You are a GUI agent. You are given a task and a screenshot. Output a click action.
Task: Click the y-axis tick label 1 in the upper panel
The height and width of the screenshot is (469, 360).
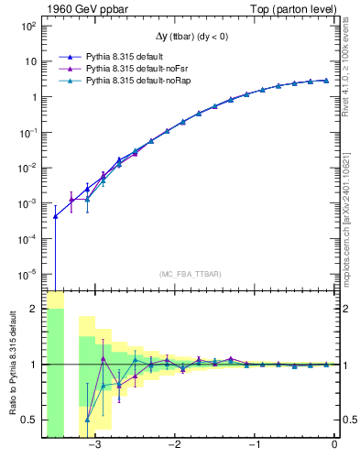point(33,97)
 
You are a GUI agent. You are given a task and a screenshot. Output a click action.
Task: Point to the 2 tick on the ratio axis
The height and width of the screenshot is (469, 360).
point(34,310)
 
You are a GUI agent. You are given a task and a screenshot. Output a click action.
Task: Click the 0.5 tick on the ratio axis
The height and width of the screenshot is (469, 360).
point(29,420)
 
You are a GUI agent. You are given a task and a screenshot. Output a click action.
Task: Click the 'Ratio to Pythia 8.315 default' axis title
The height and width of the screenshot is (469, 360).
point(12,365)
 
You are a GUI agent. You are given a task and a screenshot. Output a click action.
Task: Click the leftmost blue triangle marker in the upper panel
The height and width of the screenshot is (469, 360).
point(55,216)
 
